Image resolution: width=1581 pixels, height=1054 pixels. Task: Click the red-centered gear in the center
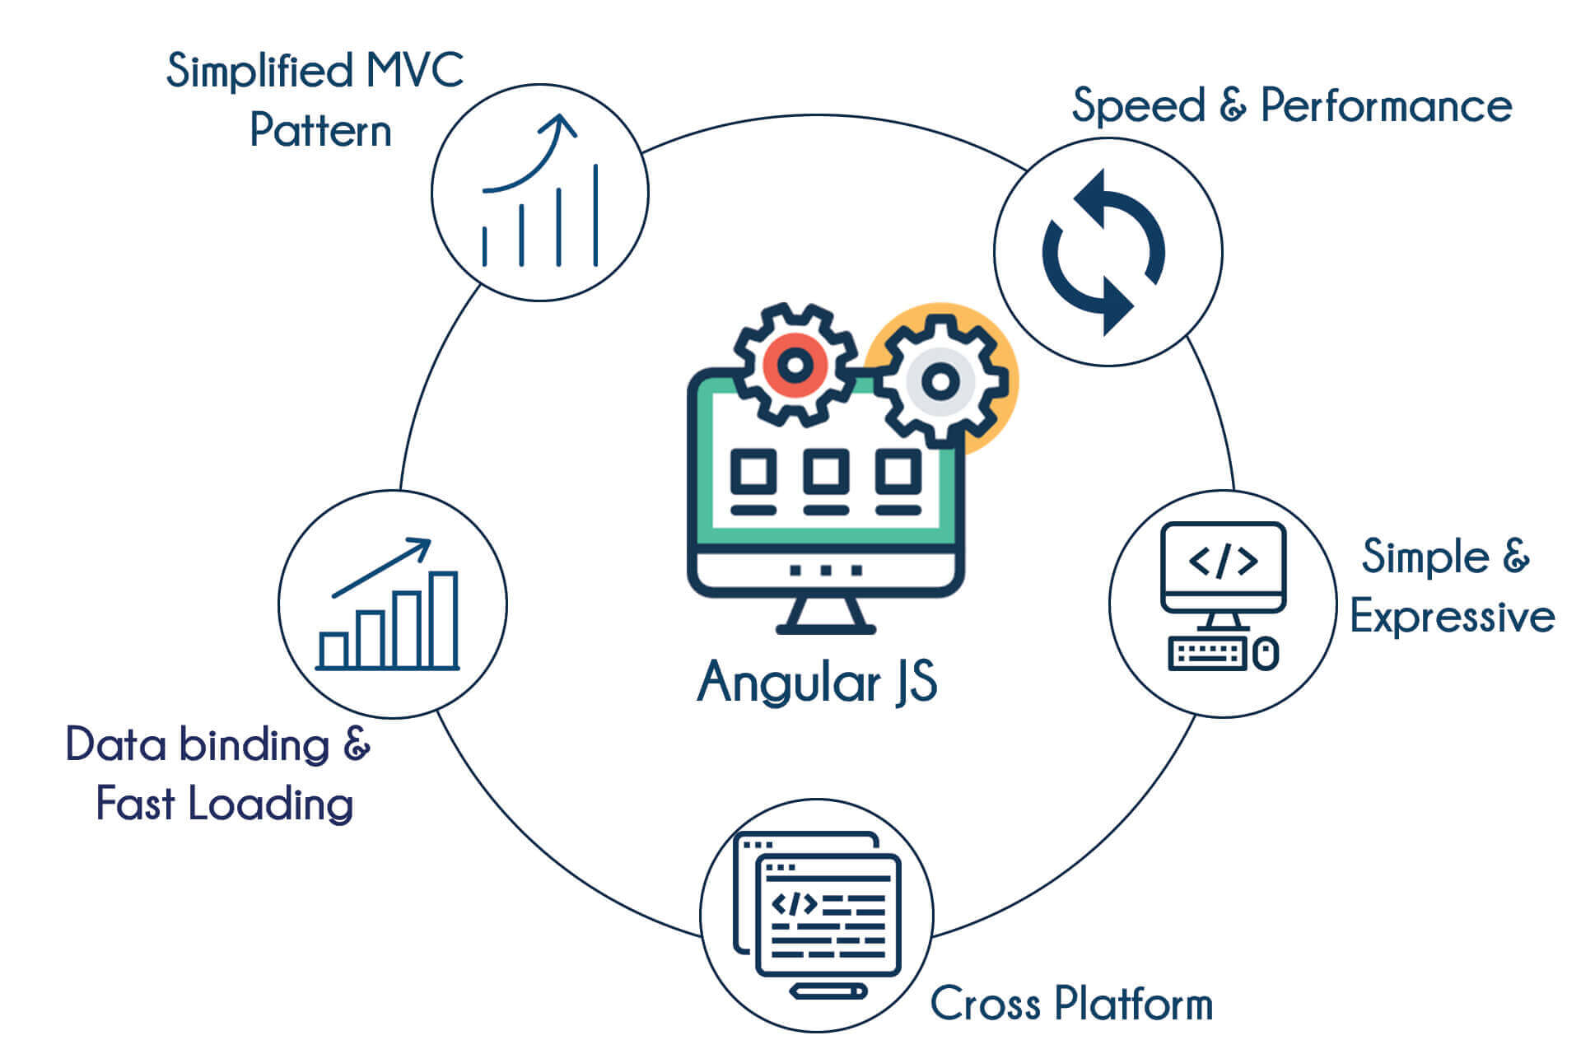click(794, 365)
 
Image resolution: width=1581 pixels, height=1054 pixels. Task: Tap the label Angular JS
click(817, 682)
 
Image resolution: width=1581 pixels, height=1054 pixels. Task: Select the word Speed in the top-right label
click(1138, 106)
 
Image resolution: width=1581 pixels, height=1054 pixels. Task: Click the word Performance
click(1386, 106)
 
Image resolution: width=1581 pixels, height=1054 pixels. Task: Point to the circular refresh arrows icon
click(1104, 252)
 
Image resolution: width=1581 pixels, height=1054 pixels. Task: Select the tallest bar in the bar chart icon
click(444, 619)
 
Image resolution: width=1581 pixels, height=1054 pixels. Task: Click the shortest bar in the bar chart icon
click(333, 650)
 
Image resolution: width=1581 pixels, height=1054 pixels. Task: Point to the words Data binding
click(198, 744)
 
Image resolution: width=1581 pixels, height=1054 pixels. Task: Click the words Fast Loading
click(224, 804)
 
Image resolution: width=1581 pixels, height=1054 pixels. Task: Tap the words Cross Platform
click(1071, 1003)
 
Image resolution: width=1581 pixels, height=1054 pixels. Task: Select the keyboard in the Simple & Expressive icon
click(1206, 655)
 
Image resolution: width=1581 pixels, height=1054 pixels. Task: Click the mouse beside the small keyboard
click(1266, 655)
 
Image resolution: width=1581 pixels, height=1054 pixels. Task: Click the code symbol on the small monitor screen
click(1223, 561)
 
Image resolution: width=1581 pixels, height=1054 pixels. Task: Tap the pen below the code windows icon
click(828, 991)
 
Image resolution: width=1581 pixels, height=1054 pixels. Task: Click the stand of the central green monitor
click(826, 616)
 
